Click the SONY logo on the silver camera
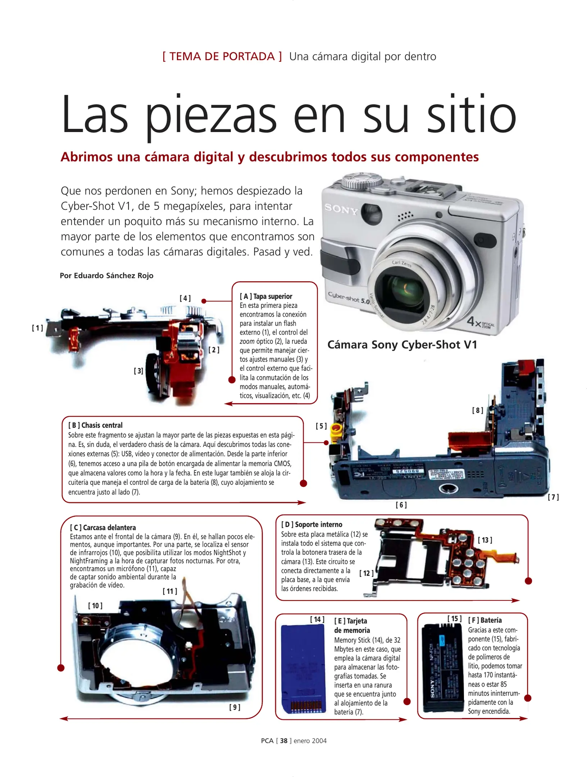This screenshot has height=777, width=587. [341, 209]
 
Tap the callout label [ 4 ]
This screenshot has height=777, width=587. [185, 298]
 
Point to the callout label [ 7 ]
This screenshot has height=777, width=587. [553, 497]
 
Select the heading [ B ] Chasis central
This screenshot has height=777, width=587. [95, 425]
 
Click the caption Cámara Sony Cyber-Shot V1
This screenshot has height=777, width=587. [402, 345]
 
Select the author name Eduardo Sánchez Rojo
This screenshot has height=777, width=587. [113, 276]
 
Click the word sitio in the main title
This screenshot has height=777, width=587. [471, 115]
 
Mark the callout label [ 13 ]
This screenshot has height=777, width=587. [485, 540]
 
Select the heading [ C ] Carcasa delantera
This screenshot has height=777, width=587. [103, 528]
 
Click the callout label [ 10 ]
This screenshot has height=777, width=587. [95, 606]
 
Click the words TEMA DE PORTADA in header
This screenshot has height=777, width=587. [222, 56]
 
